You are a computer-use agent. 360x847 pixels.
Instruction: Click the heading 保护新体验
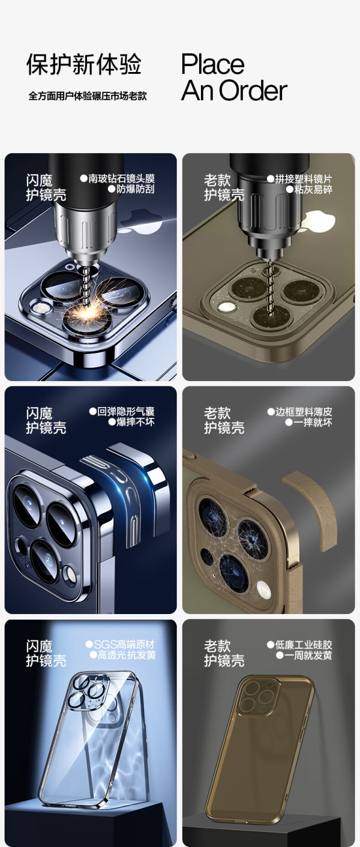point(84,64)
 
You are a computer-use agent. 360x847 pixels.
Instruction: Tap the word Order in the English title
point(253,91)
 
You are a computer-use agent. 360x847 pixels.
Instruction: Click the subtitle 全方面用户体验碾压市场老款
point(87,96)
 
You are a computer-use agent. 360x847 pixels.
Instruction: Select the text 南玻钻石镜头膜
point(122,178)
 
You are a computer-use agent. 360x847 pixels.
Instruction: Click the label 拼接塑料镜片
point(304,179)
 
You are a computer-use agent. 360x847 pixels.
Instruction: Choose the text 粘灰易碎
point(313,190)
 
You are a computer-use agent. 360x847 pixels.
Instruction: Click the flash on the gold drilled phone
point(227,307)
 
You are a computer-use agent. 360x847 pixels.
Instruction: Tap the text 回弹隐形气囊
point(126,411)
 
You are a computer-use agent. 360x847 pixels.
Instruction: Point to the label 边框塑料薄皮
point(304,412)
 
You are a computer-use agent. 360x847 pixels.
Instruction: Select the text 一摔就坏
point(313,423)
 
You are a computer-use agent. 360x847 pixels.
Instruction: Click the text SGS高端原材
point(124,644)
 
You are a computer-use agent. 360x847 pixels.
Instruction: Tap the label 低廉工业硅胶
point(304,645)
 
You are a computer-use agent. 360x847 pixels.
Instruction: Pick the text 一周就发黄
point(308,656)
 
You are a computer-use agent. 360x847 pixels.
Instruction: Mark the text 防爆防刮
point(136,189)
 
